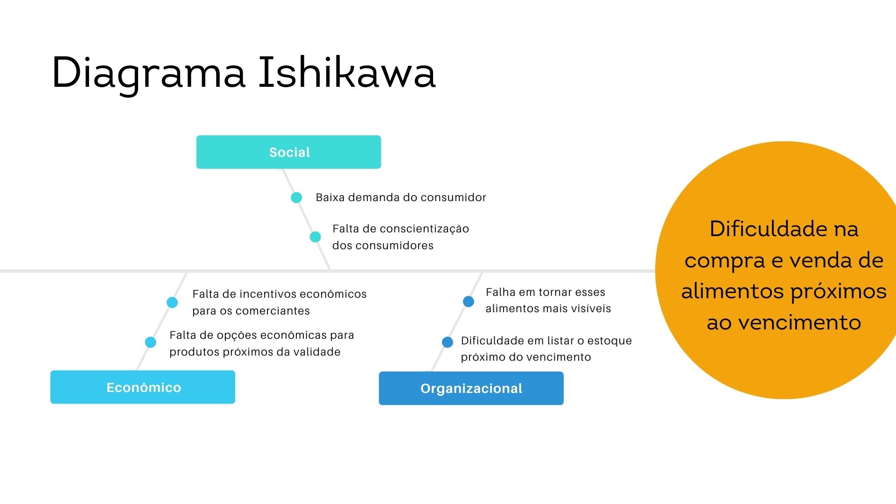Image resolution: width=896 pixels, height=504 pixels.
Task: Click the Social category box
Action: [288, 152]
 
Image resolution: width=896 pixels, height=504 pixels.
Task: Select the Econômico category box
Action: [143, 387]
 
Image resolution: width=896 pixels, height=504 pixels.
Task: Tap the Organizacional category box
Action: [471, 388]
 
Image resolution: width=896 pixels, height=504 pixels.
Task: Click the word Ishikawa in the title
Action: [347, 73]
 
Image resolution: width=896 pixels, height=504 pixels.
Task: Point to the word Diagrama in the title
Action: [148, 73]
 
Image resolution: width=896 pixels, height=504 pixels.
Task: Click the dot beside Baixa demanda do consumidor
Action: [296, 198]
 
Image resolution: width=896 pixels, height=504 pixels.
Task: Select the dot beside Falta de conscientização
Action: [315, 237]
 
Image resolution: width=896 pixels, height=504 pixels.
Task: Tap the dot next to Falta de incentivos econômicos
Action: [172, 302]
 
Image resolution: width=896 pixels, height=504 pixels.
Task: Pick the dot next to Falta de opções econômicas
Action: [150, 343]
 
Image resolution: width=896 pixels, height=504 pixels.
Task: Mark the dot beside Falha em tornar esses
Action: [469, 301]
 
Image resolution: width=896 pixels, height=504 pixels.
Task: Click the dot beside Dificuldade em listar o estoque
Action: [448, 342]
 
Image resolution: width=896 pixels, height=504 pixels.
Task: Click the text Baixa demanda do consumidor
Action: [400, 197]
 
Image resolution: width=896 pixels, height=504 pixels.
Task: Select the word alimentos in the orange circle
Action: [732, 292]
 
